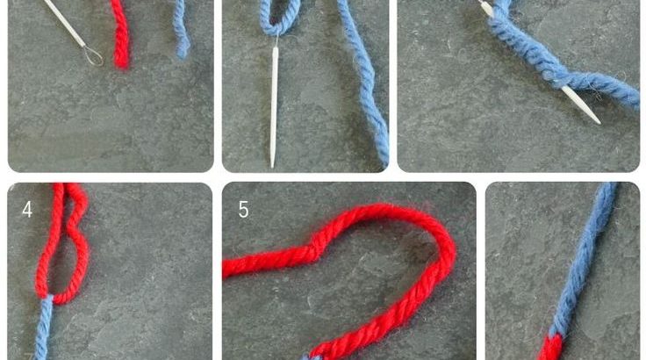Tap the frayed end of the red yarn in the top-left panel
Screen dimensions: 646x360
tap(121, 61)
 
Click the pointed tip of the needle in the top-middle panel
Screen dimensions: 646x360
tap(272, 166)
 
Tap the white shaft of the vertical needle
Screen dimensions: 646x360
tap(274, 107)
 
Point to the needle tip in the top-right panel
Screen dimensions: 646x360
tap(598, 121)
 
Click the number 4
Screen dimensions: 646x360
tap(27, 210)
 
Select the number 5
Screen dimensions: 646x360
tap(243, 210)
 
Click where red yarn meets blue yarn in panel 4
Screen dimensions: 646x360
tap(47, 297)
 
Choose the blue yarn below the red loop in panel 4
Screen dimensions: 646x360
tap(43, 328)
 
